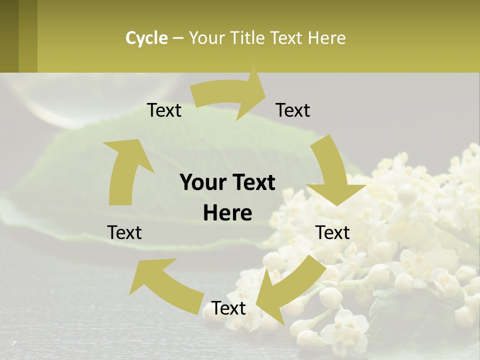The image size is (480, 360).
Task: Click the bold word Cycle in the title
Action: tap(146, 38)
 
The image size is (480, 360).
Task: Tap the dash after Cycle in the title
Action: tap(178, 38)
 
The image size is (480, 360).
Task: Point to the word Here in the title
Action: tap(326, 38)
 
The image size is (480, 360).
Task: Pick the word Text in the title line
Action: tap(287, 38)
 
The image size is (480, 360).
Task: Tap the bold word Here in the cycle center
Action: tap(227, 213)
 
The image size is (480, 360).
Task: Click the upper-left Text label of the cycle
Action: tap(164, 110)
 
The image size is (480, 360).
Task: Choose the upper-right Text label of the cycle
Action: tap(293, 110)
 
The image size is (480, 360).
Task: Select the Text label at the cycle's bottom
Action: tap(229, 308)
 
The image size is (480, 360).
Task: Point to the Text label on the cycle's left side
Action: tap(124, 232)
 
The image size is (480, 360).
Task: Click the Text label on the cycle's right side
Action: tap(333, 232)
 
